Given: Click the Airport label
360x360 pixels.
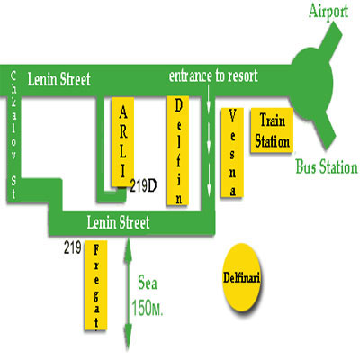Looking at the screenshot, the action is (328, 13).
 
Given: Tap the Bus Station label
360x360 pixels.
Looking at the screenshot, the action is (327, 166).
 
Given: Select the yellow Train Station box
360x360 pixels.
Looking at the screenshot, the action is (272, 130).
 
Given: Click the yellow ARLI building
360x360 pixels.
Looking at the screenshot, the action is (122, 142).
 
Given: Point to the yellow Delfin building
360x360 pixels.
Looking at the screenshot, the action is (178, 150).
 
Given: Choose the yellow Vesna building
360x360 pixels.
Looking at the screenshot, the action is (232, 153).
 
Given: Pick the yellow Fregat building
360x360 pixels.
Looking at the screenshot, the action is (96, 285).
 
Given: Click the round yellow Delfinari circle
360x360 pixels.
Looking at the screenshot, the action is (242, 278).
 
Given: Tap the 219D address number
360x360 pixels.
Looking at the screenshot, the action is (143, 186).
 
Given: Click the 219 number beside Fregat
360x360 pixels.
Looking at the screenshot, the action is (73, 247).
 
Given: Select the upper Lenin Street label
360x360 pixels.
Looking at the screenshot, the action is (59, 79).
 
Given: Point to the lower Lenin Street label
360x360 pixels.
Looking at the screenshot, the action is (119, 222).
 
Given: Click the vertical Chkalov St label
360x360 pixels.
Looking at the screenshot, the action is (13, 135).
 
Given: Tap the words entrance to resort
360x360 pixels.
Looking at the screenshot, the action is (213, 76).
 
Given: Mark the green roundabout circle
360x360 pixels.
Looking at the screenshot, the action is (312, 81).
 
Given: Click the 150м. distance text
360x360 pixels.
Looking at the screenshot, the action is (148, 308).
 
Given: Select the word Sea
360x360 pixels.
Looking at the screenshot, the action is (148, 283).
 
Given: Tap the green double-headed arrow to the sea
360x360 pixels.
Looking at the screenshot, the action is (129, 293).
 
